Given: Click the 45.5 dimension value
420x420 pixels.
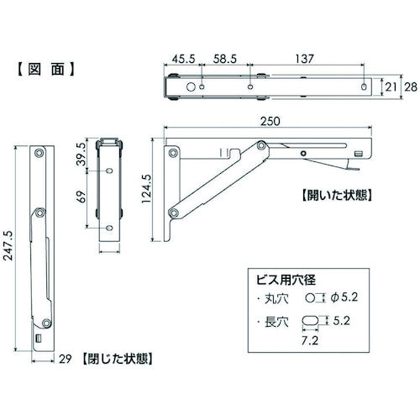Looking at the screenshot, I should (x=185, y=60).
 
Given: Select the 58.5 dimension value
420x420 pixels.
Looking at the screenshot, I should (x=223, y=60).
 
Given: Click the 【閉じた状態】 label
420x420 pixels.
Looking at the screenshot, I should (x=117, y=357).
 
